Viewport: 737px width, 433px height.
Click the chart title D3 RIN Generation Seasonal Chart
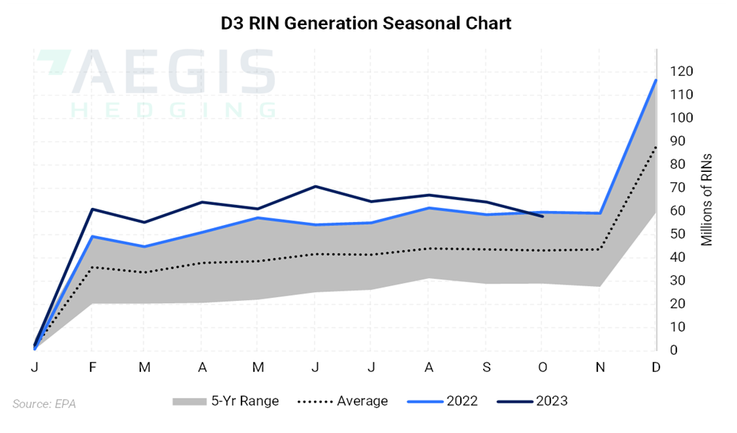(x=366, y=23)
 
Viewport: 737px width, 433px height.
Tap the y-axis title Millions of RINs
(x=707, y=200)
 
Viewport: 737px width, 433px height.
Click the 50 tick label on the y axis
(x=677, y=234)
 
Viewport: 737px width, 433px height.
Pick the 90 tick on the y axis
(x=677, y=141)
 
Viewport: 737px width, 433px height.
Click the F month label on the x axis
(x=92, y=367)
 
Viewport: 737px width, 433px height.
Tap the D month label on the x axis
(x=656, y=367)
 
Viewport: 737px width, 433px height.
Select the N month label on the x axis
(x=599, y=367)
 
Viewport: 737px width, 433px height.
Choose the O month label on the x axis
(x=543, y=367)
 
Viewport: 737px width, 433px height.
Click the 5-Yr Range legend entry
(x=225, y=401)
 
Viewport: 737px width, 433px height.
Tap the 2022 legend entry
(x=442, y=401)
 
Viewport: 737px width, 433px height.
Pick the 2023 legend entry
(x=532, y=401)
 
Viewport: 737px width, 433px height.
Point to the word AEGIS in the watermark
(x=174, y=72)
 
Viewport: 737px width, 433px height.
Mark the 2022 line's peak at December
(x=656, y=80)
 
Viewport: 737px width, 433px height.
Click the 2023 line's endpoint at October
(x=543, y=216)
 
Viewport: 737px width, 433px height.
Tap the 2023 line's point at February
(x=92, y=209)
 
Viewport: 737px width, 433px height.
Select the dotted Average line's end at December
(x=656, y=147)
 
